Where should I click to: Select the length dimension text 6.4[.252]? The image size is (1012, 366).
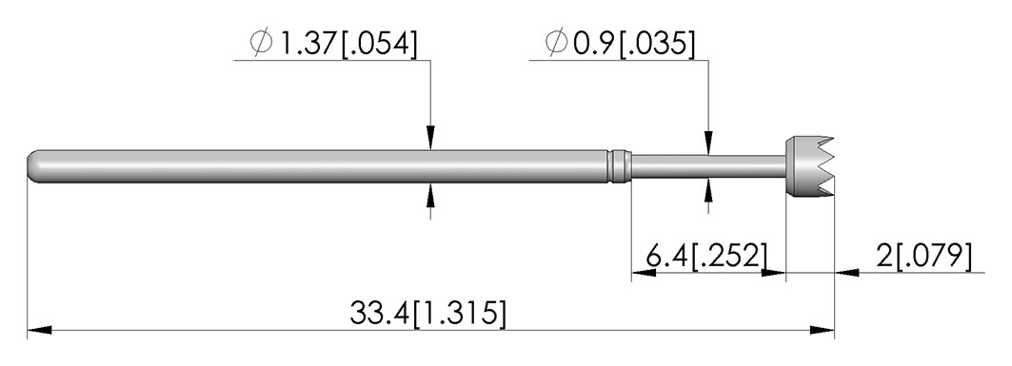[x=707, y=256]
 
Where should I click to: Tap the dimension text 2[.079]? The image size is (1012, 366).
[x=923, y=256]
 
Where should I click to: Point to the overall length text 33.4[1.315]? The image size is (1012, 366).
[x=427, y=313]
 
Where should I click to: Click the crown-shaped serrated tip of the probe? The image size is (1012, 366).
[x=809, y=166]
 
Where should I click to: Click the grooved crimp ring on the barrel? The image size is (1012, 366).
[x=618, y=166]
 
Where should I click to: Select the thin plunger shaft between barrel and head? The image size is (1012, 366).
[x=707, y=166]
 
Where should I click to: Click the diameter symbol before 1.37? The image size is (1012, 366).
[x=262, y=44]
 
